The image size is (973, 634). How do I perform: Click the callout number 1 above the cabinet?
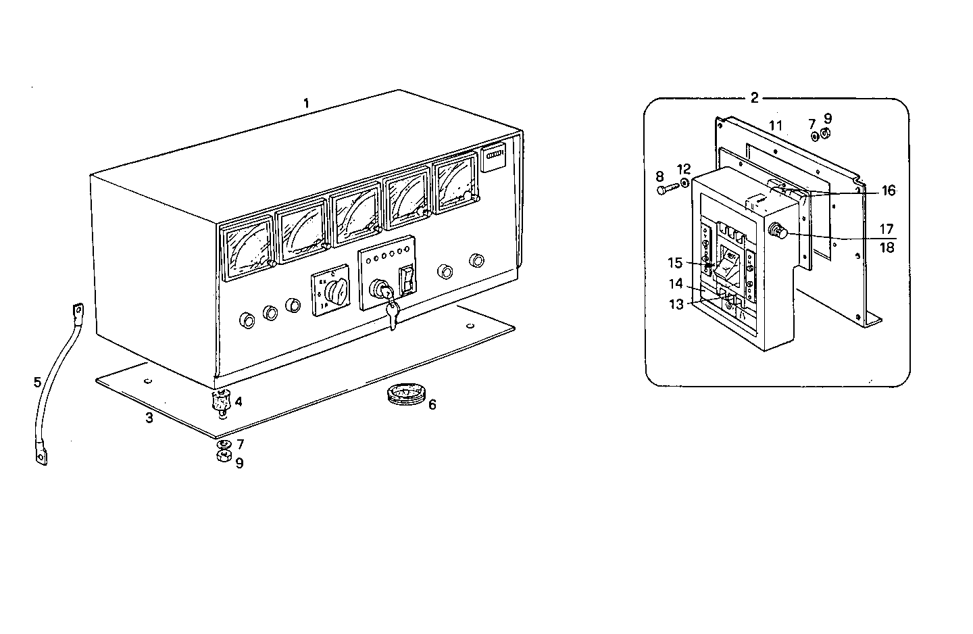click(306, 103)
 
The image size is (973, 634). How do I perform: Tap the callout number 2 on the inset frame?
click(755, 97)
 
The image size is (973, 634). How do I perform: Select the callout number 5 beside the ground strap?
click(37, 383)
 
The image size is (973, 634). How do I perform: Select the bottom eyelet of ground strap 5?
click(40, 458)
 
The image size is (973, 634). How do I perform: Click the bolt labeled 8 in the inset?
click(666, 191)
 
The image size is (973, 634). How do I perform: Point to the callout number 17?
click(886, 230)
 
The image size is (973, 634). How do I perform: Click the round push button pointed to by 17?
click(777, 232)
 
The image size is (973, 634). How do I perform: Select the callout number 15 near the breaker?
click(676, 263)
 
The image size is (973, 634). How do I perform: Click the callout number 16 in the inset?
click(887, 191)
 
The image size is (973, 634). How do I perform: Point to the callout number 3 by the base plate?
click(149, 418)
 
